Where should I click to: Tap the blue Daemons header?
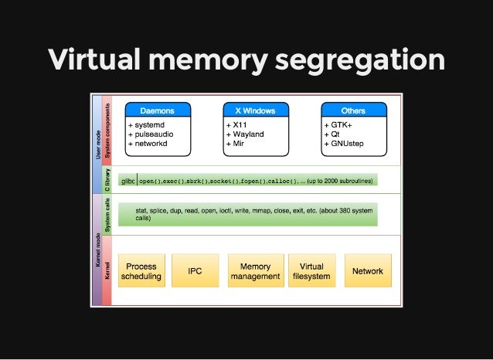157,110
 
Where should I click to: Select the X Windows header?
255,110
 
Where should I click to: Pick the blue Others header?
353,110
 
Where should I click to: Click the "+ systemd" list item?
146,124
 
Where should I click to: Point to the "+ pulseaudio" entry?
151,134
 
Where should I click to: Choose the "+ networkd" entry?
148,143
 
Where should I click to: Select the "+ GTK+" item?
338,124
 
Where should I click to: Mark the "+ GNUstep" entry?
345,143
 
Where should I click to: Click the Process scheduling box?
141,271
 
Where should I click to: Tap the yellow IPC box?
195,271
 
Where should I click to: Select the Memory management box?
255,271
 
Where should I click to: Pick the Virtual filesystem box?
311,271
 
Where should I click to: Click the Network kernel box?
367,271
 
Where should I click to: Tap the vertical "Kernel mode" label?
97,263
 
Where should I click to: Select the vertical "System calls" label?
108,216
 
